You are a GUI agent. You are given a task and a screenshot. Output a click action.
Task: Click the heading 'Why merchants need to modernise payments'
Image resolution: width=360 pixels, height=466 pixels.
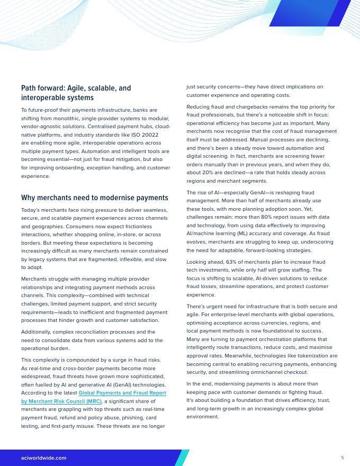click(x=95, y=198)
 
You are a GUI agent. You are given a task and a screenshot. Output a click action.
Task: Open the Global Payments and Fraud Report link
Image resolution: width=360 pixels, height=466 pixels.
click(x=122, y=393)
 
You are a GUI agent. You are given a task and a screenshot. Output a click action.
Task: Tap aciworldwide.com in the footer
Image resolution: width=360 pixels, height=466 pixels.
click(x=44, y=458)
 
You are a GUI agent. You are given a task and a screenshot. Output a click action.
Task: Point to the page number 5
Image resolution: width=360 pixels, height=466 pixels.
click(x=343, y=458)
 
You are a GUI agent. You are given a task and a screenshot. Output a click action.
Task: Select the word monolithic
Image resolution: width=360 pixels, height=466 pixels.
click(x=97, y=118)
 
